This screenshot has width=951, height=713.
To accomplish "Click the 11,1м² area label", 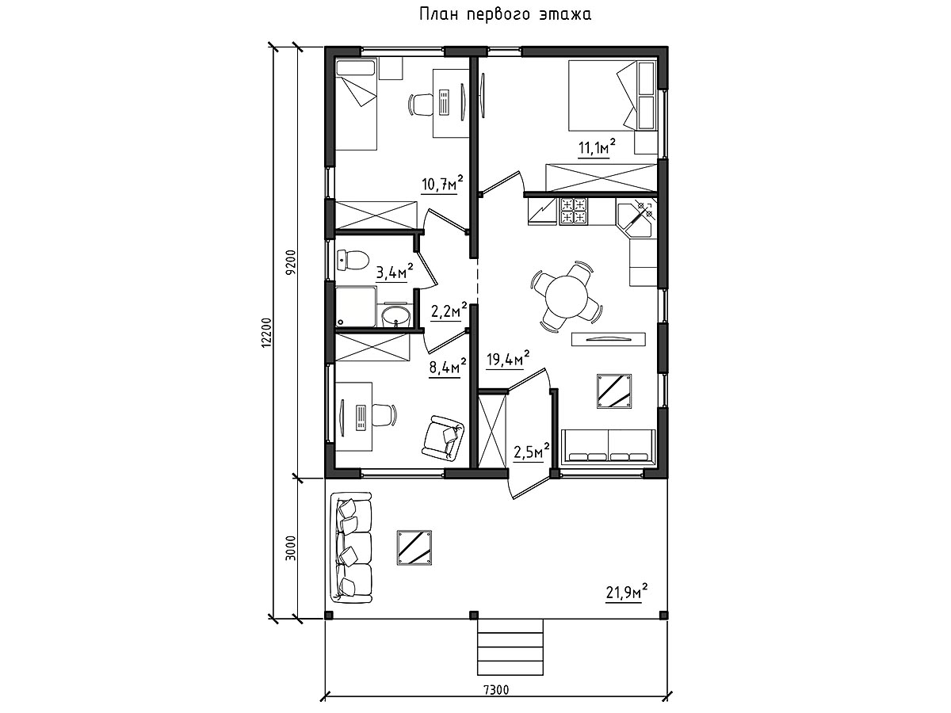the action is coord(597,147).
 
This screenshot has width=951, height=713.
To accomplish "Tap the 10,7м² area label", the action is coord(442,184).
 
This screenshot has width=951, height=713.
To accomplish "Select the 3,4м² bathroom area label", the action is coord(394,273).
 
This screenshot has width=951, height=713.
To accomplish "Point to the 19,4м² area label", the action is coord(507,359).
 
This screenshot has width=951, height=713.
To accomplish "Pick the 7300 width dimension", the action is coord(497,689).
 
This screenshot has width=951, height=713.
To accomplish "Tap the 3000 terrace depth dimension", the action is coord(291,548).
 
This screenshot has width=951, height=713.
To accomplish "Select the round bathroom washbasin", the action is coord(396,316).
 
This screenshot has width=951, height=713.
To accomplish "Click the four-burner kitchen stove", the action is coord(573,212).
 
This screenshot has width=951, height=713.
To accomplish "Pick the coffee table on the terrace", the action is coord(414,547).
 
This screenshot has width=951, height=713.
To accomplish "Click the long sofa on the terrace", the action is coord(351,547).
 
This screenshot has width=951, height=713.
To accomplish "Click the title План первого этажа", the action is coord(505,15).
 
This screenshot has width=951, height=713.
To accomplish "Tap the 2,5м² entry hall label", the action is coord(532,452).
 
